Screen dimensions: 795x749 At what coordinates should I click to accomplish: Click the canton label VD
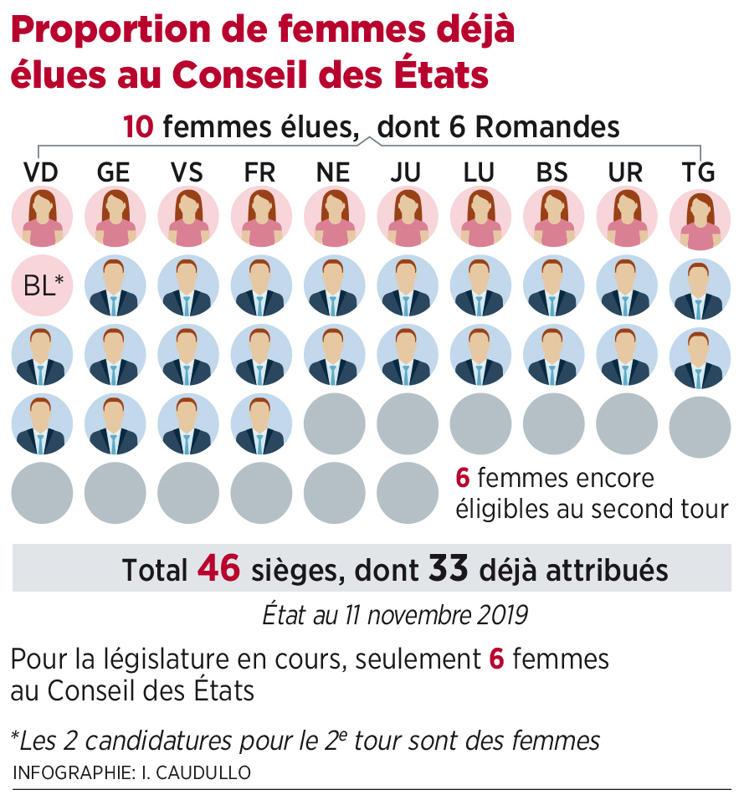pyautogui.click(x=41, y=173)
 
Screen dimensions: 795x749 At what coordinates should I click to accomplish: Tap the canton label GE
pyautogui.click(x=114, y=173)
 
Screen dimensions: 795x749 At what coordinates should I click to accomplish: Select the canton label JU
pyautogui.click(x=406, y=173)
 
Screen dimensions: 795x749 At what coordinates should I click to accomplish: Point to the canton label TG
pyautogui.click(x=699, y=173)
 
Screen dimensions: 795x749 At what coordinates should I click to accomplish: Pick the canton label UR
pyautogui.click(x=626, y=173)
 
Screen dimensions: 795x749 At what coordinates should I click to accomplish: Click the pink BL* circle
pyautogui.click(x=42, y=285)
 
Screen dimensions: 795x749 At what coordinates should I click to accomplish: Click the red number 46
pyautogui.click(x=218, y=569)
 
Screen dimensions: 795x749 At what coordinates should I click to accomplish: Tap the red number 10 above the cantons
pyautogui.click(x=139, y=127)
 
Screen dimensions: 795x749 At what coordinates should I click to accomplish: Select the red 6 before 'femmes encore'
pyautogui.click(x=462, y=479)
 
